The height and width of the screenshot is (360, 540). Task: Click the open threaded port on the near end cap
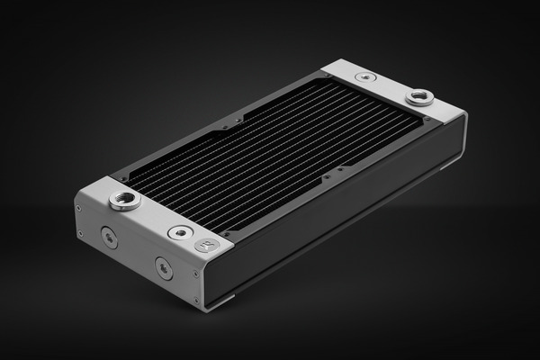point(125,200)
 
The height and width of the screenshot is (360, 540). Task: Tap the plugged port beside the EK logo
point(181,232)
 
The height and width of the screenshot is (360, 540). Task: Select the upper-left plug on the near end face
point(109,238)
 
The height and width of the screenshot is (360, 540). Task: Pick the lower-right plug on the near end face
point(163,267)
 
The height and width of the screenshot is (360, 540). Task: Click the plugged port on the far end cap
point(364,77)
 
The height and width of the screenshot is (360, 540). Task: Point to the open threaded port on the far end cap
point(419,96)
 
